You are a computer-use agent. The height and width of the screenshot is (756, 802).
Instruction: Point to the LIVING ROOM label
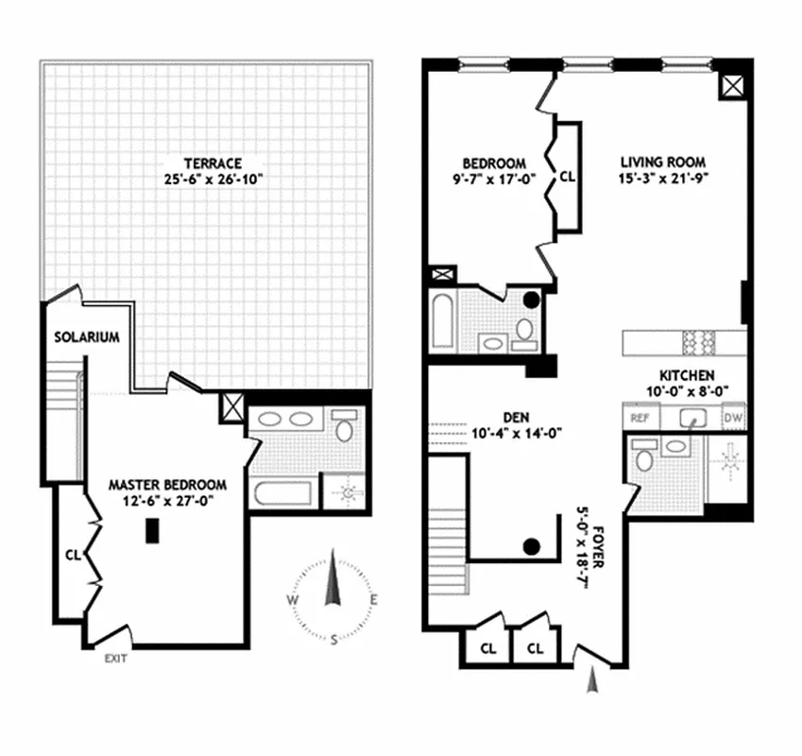[x=662, y=161]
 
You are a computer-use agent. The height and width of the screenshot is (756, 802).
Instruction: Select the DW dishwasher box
[x=733, y=417]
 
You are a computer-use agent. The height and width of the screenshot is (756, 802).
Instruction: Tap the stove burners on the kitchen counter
[x=695, y=339]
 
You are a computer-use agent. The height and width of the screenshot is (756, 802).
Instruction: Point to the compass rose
[x=333, y=595]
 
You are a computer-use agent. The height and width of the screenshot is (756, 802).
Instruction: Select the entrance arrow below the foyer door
[x=592, y=678]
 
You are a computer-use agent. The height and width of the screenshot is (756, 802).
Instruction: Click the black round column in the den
[x=532, y=545]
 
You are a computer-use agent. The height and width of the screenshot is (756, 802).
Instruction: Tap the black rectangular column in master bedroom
[x=151, y=533]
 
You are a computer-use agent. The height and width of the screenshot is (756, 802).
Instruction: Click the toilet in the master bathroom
[x=346, y=428]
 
